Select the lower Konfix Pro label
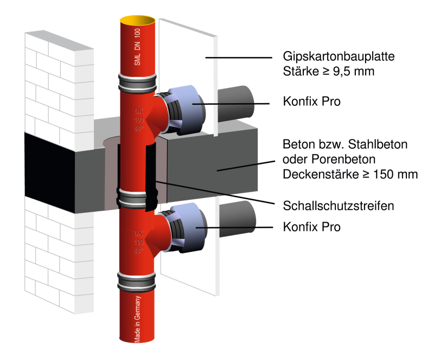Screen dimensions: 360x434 tap(312, 227)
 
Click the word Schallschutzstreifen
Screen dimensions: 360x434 tap(338, 206)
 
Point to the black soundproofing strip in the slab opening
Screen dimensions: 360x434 tap(151, 174)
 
